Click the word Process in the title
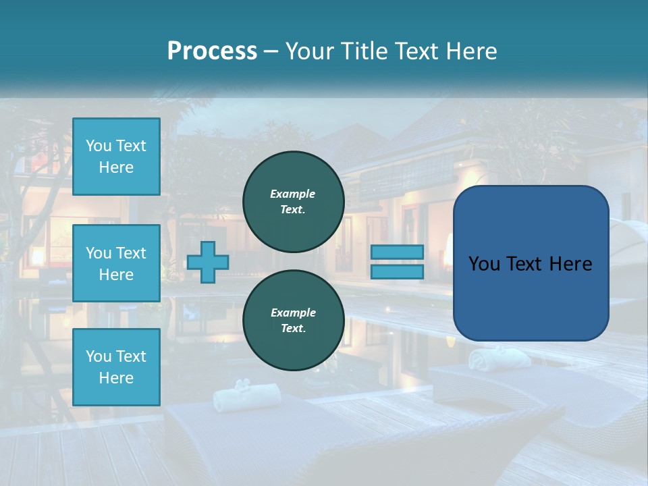tap(212, 51)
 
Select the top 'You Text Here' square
tap(116, 157)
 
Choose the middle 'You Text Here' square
tap(116, 263)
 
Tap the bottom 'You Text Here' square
tap(116, 367)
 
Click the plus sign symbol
tap(207, 262)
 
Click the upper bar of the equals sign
tap(398, 252)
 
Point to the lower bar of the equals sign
tap(398, 271)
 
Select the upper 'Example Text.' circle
tap(293, 201)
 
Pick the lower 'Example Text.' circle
tap(293, 320)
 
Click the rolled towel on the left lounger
tap(237, 398)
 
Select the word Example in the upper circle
tap(293, 194)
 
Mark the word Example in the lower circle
tap(293, 313)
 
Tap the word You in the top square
tap(99, 146)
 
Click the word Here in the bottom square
tap(116, 378)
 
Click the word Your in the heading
tap(310, 51)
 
